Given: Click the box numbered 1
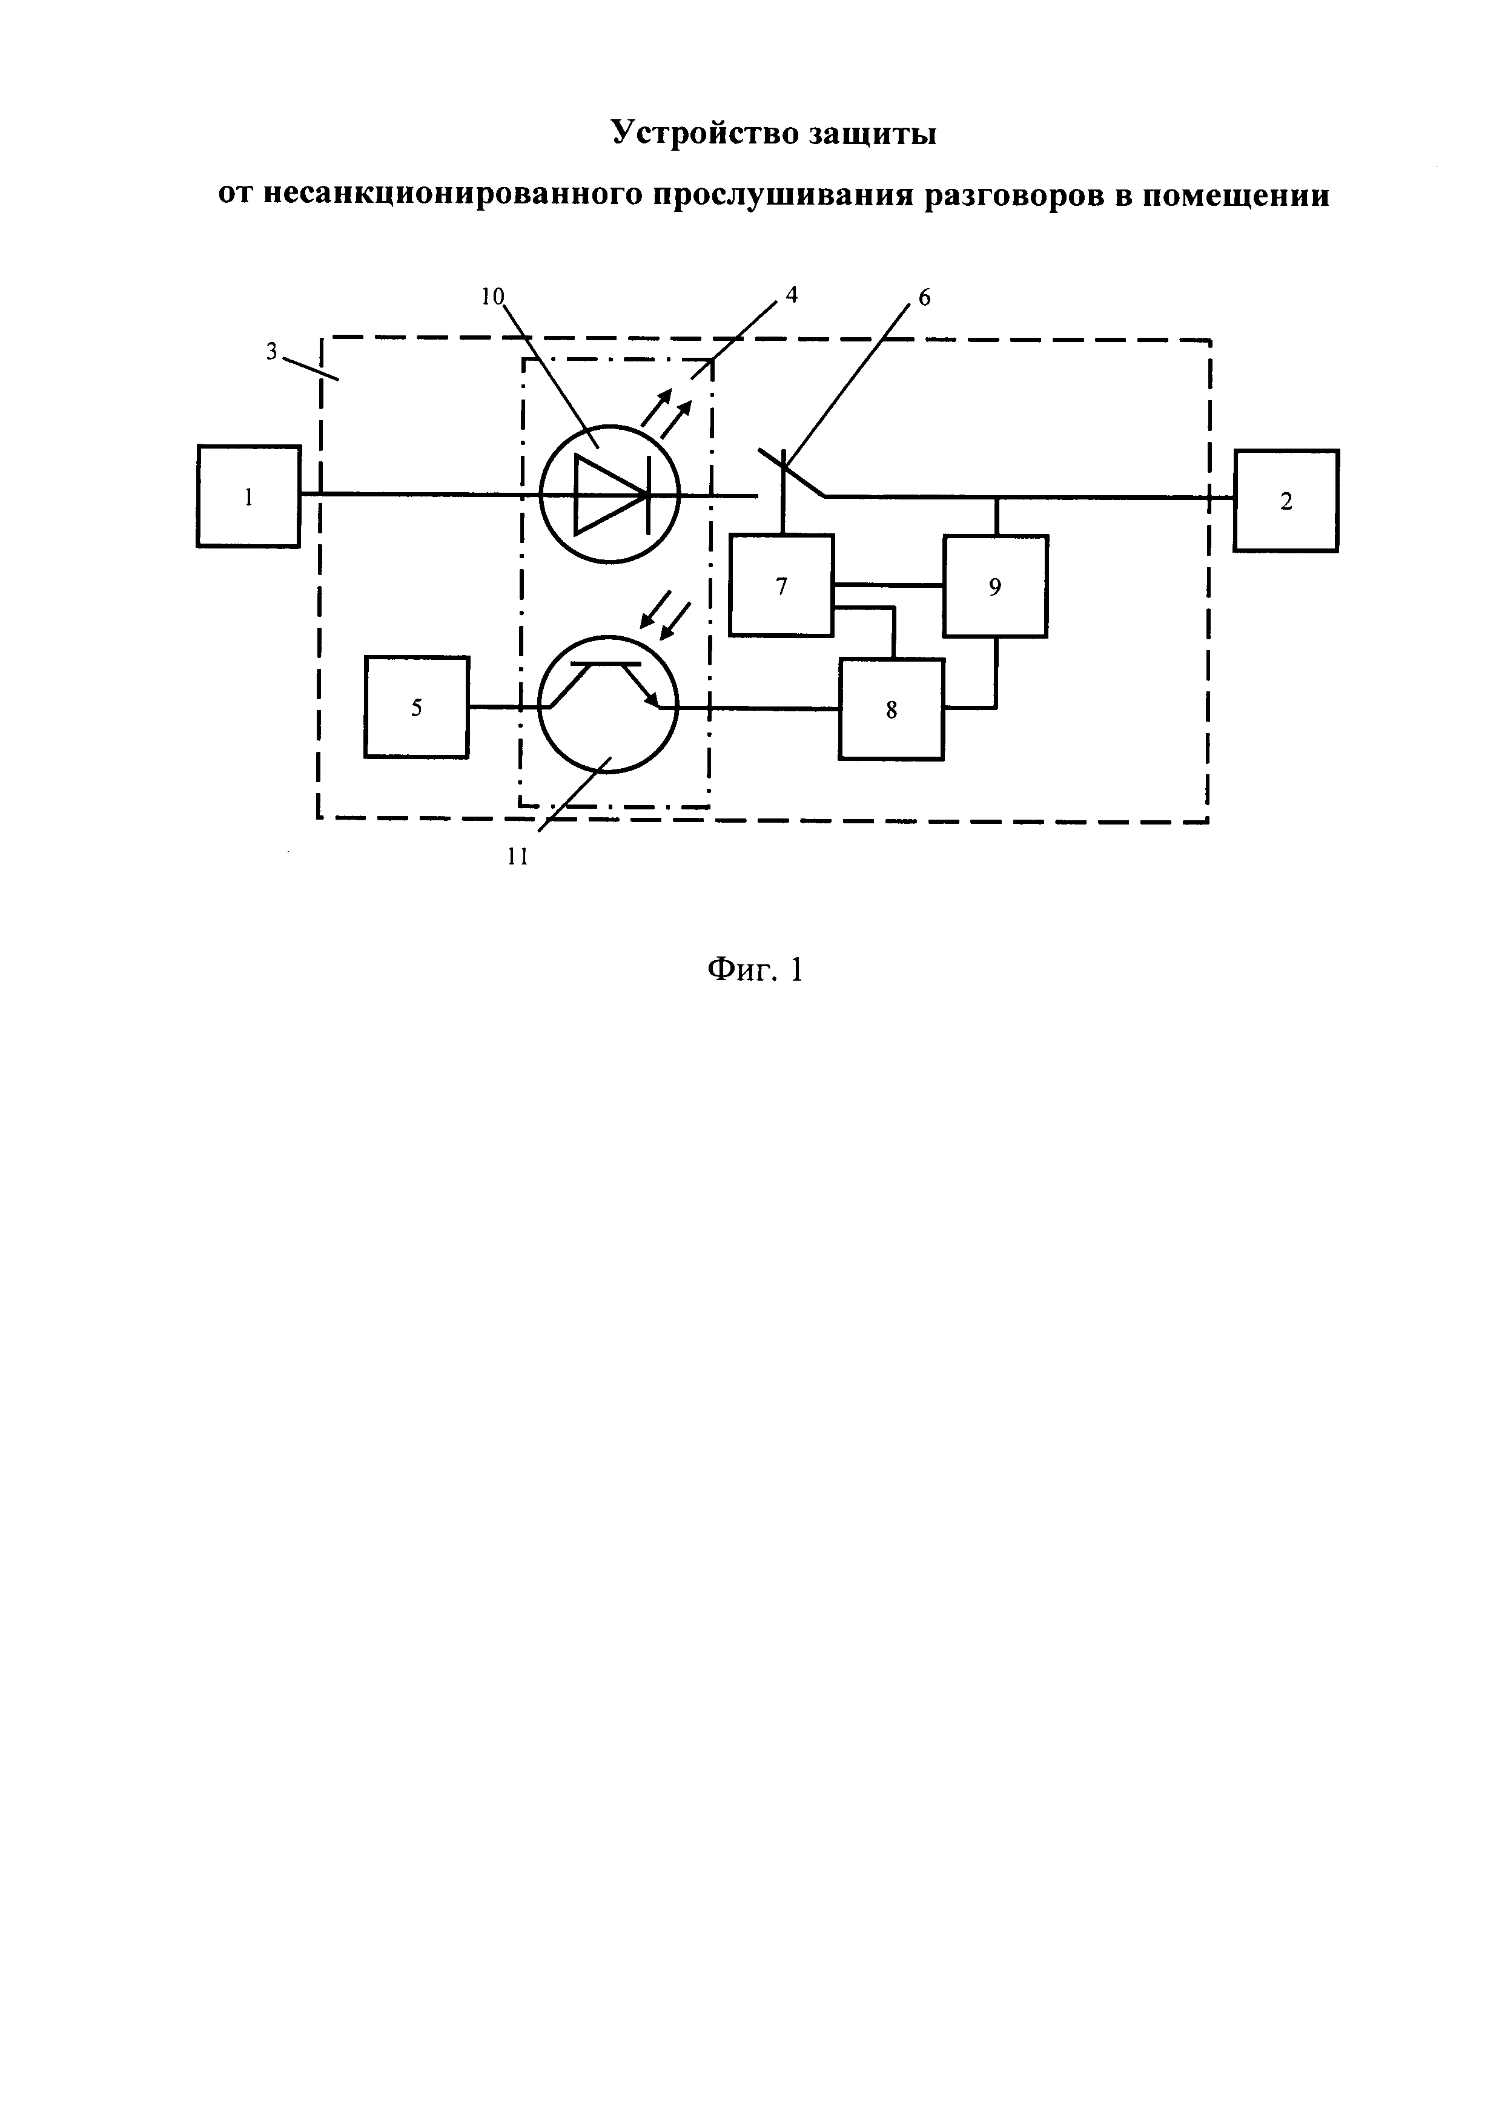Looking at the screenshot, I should click(x=248, y=496).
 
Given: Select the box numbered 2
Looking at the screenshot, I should click(x=1286, y=501).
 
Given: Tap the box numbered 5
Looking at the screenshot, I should click(x=416, y=707).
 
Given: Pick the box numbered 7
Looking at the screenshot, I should click(x=781, y=585).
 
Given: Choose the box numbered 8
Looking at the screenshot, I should click(x=892, y=709).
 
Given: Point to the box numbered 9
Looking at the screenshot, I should click(x=995, y=586).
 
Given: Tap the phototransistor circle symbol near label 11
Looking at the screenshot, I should click(x=607, y=703).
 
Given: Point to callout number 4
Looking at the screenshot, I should click(x=791, y=295).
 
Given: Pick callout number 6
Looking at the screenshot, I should click(x=924, y=298).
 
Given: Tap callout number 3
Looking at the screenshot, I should click(x=272, y=351).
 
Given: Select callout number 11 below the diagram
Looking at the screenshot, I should click(x=518, y=857).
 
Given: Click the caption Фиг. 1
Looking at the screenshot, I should click(x=755, y=969).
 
